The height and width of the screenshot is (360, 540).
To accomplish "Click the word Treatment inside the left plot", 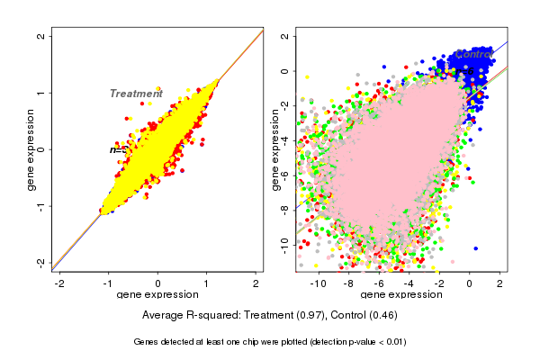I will pyautogui.click(x=136, y=94).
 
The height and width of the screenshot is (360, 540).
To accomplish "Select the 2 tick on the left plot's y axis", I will pyautogui.click(x=41, y=37).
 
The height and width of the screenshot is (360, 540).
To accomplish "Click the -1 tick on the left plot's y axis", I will pyautogui.click(x=41, y=206).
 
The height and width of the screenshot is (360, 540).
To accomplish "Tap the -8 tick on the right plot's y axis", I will pyautogui.click(x=284, y=208).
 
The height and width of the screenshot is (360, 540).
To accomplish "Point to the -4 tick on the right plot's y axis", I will pyautogui.click(x=284, y=139).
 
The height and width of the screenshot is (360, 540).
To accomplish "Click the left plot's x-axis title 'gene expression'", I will pyautogui.click(x=157, y=295).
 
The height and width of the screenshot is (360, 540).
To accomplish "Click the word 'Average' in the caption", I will pyautogui.click(x=163, y=315).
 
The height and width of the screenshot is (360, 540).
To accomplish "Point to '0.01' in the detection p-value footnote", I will pyautogui.click(x=394, y=342).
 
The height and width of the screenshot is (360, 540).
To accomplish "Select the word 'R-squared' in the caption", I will pyautogui.click(x=213, y=315).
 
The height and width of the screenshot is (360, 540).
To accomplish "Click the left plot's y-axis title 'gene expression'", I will pyautogui.click(x=31, y=149).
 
